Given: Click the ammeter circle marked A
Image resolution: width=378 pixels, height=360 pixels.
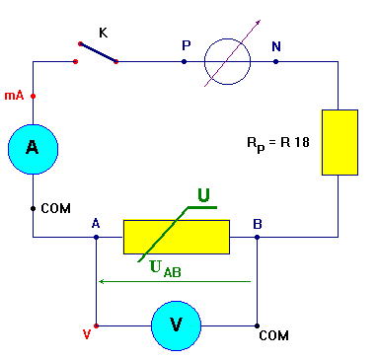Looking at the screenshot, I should [x=33, y=148].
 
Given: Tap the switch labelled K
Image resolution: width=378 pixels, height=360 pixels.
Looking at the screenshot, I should [x=97, y=52].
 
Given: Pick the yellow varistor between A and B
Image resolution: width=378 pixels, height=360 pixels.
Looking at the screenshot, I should [x=176, y=237].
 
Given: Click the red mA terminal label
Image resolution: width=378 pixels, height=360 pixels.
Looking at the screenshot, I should [x=14, y=97].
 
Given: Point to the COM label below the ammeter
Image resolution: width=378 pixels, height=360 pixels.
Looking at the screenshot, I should [x=56, y=209].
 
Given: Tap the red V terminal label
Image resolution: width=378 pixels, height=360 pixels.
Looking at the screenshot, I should [x=87, y=335].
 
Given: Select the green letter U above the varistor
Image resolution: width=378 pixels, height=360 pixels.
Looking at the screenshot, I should [x=203, y=196].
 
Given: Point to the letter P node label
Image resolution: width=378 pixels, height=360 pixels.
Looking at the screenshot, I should [x=186, y=45].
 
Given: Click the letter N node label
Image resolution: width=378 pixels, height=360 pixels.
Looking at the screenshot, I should [x=274, y=45].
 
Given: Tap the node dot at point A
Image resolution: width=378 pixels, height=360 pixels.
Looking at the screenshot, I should [x=96, y=237].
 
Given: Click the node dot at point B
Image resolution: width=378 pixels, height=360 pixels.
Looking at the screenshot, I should [x=258, y=237].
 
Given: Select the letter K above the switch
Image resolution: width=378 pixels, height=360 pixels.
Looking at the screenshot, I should [x=103, y=33].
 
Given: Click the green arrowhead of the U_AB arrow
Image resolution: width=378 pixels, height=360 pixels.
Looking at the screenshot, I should [x=101, y=281].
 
